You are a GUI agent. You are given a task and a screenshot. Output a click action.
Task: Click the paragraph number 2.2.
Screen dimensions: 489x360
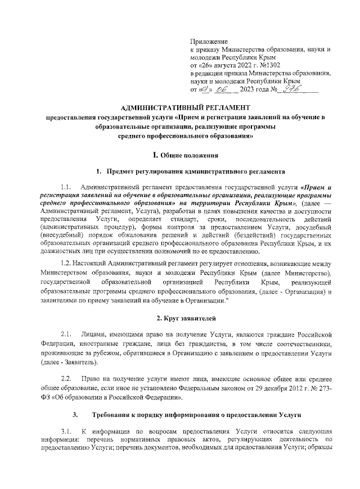pos(68,377)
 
